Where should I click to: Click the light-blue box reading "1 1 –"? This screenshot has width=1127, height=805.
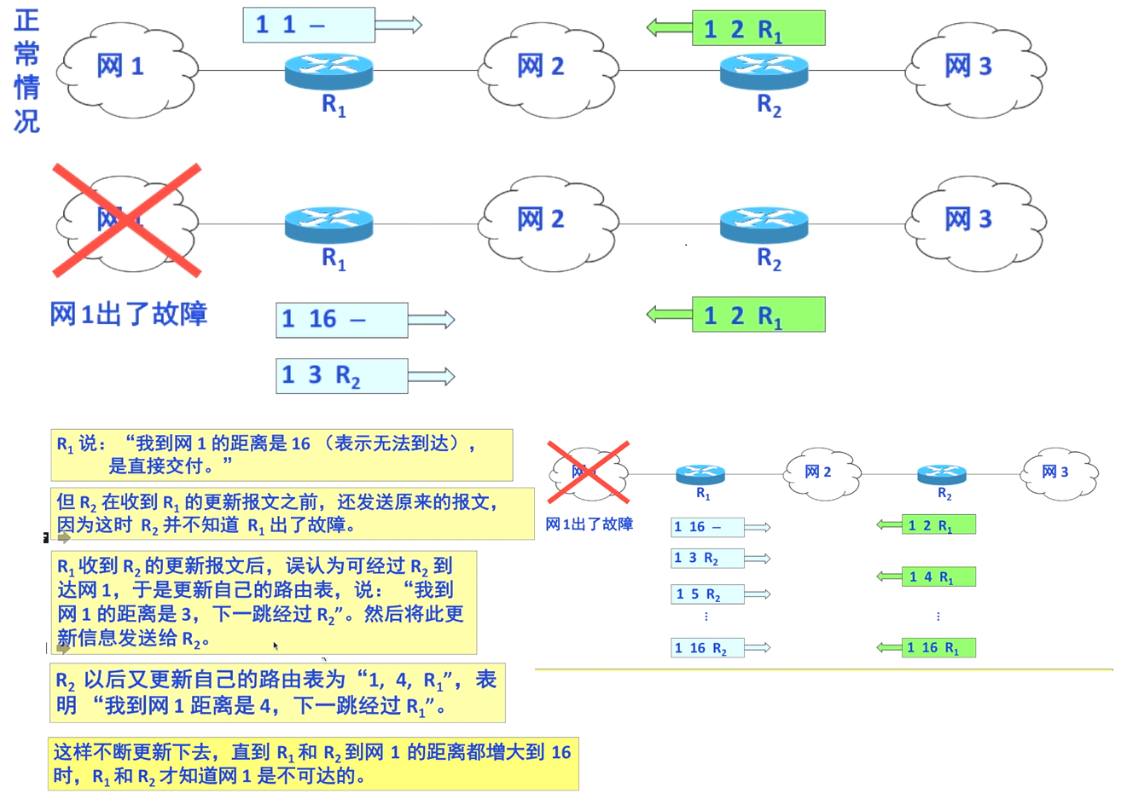point(308,25)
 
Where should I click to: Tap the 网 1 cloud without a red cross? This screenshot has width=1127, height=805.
point(126,68)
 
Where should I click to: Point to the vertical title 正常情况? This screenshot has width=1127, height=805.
point(26,71)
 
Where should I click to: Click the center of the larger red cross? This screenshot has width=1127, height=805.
point(126,220)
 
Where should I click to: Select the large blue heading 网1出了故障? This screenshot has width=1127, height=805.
point(129,315)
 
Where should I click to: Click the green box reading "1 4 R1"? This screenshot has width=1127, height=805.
point(938,577)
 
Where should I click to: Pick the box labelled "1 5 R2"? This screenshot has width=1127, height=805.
point(706,594)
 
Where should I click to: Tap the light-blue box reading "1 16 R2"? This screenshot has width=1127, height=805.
point(706,648)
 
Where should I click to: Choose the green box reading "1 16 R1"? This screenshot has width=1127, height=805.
point(938,648)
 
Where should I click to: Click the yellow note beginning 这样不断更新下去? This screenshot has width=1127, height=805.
point(312,764)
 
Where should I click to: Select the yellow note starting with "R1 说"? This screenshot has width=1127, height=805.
point(282,455)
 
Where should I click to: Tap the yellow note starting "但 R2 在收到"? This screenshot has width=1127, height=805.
point(292,513)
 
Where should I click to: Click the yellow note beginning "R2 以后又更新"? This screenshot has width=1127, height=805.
point(277,692)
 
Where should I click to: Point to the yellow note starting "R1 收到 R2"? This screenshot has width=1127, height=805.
point(263,602)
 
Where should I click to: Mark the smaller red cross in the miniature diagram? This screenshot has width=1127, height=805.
point(588,472)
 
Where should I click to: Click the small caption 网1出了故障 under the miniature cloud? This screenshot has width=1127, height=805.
point(590,524)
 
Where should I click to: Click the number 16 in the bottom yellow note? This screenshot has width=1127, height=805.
point(561,752)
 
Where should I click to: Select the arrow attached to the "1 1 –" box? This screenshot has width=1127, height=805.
point(398,25)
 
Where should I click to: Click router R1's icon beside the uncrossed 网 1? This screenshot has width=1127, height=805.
point(328,70)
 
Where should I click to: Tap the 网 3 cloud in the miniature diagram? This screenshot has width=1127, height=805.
point(1059,472)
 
